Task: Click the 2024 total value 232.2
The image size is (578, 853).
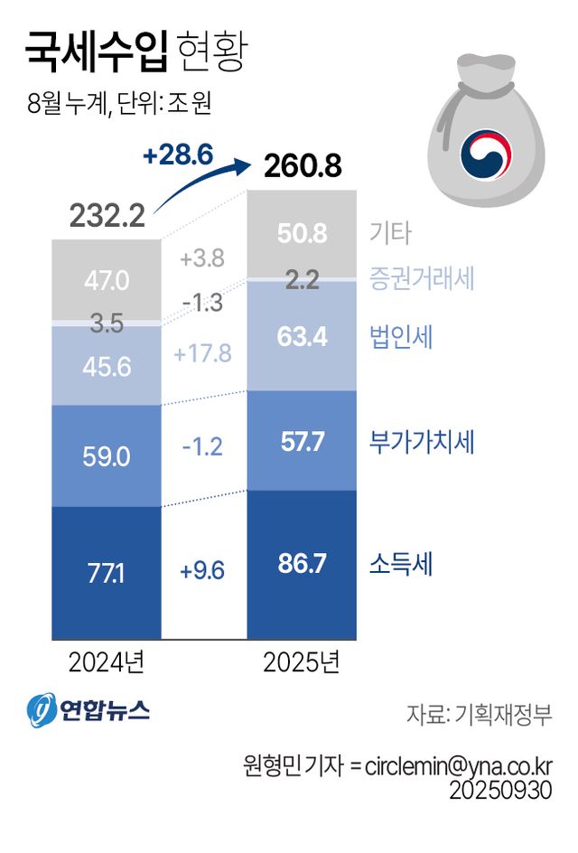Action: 107,216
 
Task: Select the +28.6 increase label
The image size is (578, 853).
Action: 177,155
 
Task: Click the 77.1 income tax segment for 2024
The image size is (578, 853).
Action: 106,571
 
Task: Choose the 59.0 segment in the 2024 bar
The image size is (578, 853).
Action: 106,455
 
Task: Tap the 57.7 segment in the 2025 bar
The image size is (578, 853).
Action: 302,442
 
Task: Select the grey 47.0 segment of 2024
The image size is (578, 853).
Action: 106,280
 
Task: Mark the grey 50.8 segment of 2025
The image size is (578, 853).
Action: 302,234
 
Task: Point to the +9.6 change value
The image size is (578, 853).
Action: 202,571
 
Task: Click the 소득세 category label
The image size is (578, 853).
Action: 401,565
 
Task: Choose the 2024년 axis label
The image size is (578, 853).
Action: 106,664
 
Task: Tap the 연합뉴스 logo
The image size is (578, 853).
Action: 88,710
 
